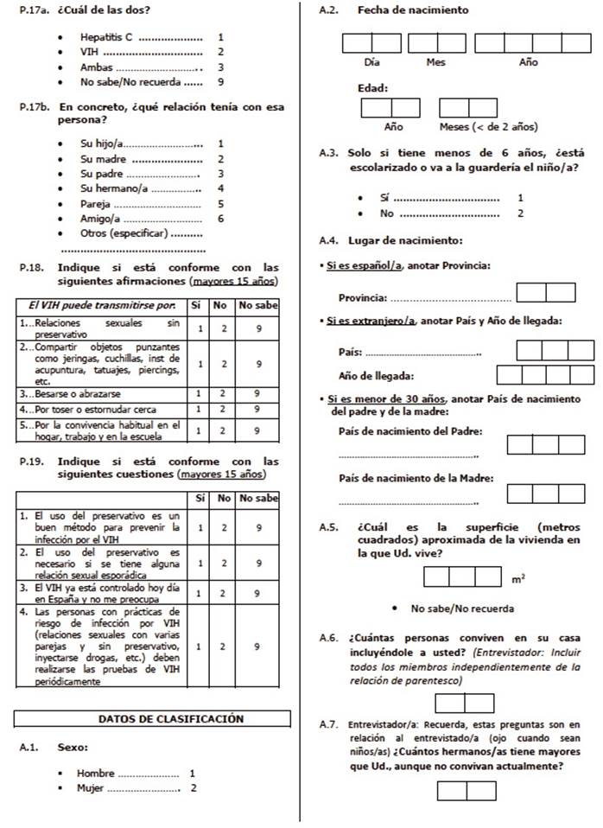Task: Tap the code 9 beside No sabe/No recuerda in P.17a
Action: click(x=221, y=82)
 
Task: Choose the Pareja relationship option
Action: click(x=96, y=204)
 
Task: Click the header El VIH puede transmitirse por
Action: click(x=102, y=305)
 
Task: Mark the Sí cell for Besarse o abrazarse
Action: click(x=199, y=393)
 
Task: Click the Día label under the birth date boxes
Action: click(x=371, y=63)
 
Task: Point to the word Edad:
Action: click(x=372, y=88)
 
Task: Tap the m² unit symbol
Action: click(x=517, y=577)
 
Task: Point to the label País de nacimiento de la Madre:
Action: click(x=405, y=478)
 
